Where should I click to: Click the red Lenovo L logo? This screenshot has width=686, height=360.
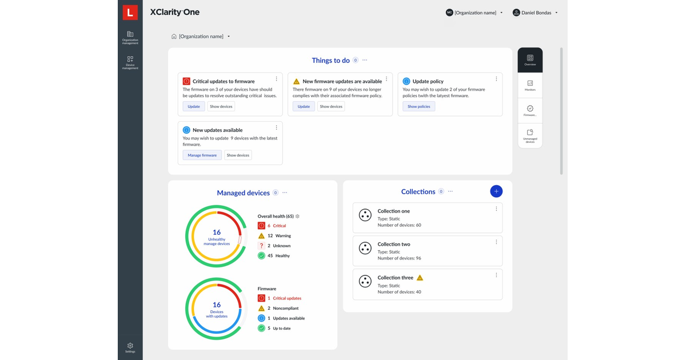[x=130, y=12]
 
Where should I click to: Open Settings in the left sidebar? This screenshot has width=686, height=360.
[x=130, y=347]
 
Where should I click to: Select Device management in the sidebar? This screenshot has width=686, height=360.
[x=130, y=62]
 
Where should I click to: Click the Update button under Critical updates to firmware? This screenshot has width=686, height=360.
[x=194, y=106]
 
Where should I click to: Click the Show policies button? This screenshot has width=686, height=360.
[x=419, y=106]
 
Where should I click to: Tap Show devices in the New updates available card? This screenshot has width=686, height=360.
[x=238, y=155]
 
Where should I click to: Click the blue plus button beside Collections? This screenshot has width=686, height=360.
[x=496, y=191]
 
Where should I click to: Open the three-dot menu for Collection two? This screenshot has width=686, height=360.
[x=496, y=242]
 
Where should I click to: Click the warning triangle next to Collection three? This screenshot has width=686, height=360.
[x=420, y=278]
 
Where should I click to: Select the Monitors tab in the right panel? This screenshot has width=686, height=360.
[x=530, y=86]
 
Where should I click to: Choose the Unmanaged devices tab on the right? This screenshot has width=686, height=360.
[x=530, y=135]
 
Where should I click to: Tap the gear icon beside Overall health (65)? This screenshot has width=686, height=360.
[x=297, y=217]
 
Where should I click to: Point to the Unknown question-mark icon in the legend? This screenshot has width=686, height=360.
[x=261, y=246]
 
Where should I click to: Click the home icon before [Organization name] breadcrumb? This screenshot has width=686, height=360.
[x=174, y=37]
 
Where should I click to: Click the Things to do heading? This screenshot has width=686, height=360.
[x=330, y=60]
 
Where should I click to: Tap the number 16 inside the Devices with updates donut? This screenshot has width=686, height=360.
[x=217, y=305]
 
